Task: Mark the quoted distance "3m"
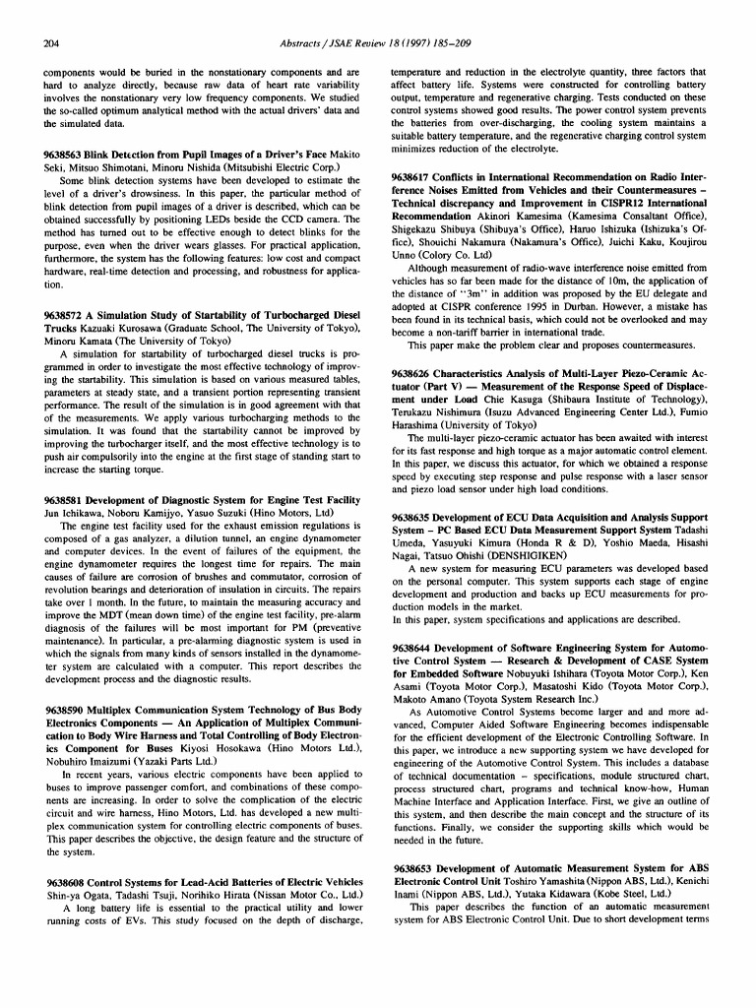click(459, 279)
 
